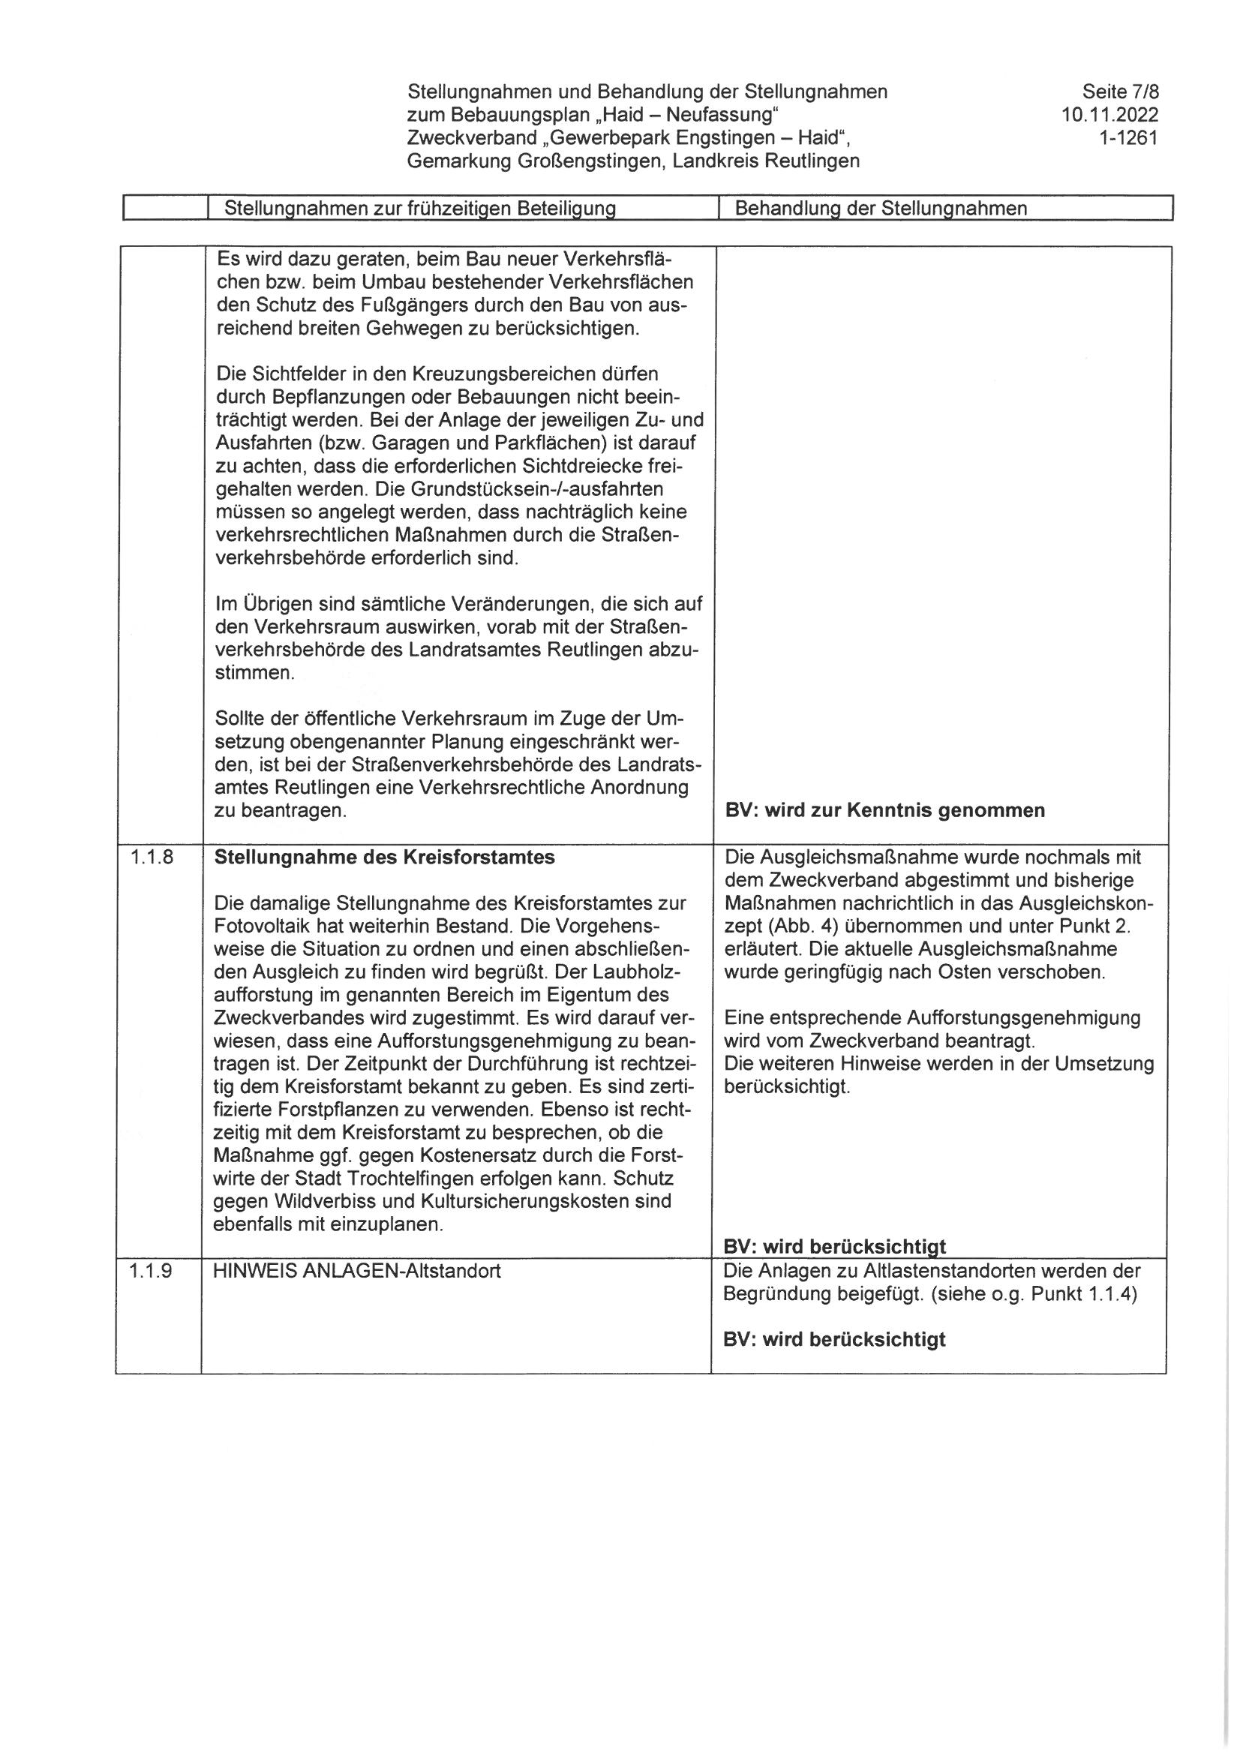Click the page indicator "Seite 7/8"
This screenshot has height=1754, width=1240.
pos(1120,92)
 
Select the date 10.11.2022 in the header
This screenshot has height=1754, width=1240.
pos(1109,116)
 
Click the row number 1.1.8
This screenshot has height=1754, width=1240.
pos(152,857)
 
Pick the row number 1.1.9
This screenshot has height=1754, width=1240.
pos(152,1271)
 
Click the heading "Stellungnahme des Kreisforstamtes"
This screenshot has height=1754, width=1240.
pos(384,857)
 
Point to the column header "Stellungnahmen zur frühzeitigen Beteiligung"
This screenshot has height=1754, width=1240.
pos(419,209)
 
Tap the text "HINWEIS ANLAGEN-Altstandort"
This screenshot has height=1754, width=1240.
pos(358,1271)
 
